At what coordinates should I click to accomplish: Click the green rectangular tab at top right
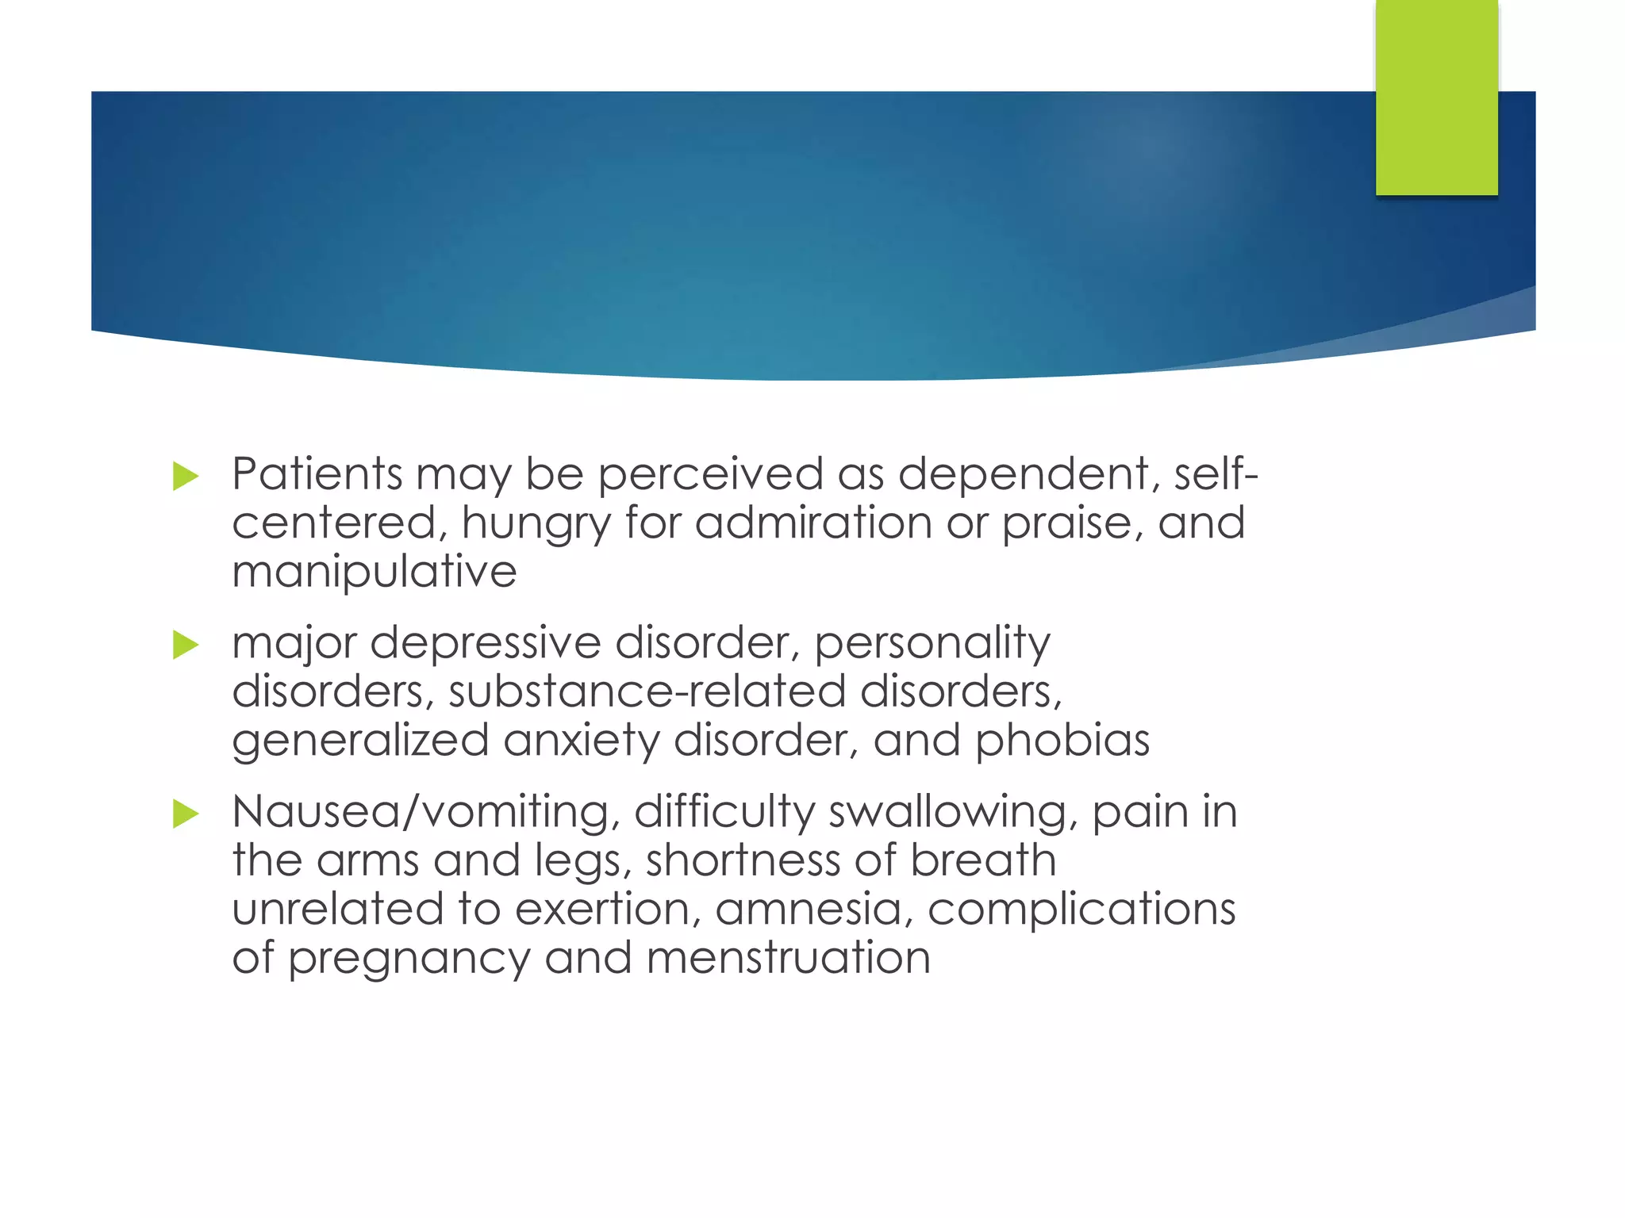coord(1436,97)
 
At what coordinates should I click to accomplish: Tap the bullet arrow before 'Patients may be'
coord(185,477)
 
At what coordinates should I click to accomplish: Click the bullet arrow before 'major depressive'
coord(185,645)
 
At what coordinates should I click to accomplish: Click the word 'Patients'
coord(317,474)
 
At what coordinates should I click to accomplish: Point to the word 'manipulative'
coord(374,572)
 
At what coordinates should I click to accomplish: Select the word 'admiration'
coord(813,523)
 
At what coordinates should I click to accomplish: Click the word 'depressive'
coord(485,644)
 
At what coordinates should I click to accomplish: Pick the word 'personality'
coord(932,644)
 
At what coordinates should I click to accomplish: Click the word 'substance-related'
coord(647,691)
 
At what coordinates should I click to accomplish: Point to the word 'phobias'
coord(1062,741)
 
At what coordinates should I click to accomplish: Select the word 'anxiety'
coord(581,741)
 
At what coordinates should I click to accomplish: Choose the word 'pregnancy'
coord(409,959)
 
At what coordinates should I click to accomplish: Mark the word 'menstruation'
coord(788,958)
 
